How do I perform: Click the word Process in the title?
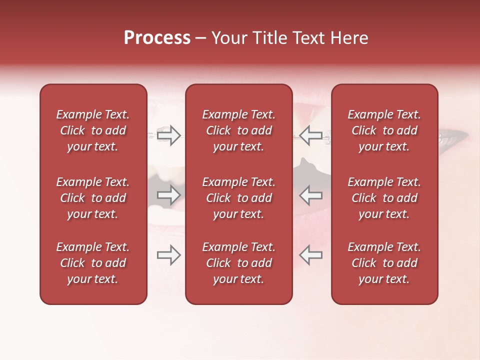pyautogui.click(x=157, y=38)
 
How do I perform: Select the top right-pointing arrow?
pyautogui.click(x=168, y=135)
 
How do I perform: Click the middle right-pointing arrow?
pyautogui.click(x=168, y=194)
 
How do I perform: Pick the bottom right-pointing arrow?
pyautogui.click(x=168, y=255)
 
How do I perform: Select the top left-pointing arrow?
pyautogui.click(x=311, y=135)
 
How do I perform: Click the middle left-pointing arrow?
pyautogui.click(x=311, y=194)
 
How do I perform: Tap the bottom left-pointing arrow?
pyautogui.click(x=311, y=255)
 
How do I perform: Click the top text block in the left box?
pyautogui.click(x=93, y=130)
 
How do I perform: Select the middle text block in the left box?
pyautogui.click(x=93, y=198)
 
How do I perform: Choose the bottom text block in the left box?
pyautogui.click(x=93, y=263)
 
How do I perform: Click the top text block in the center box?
pyautogui.click(x=238, y=130)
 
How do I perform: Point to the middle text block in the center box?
pyautogui.click(x=238, y=198)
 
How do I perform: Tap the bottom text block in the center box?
pyautogui.click(x=238, y=263)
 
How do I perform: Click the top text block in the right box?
pyautogui.click(x=384, y=130)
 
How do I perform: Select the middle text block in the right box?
pyautogui.click(x=384, y=198)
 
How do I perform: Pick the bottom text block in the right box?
pyautogui.click(x=384, y=263)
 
